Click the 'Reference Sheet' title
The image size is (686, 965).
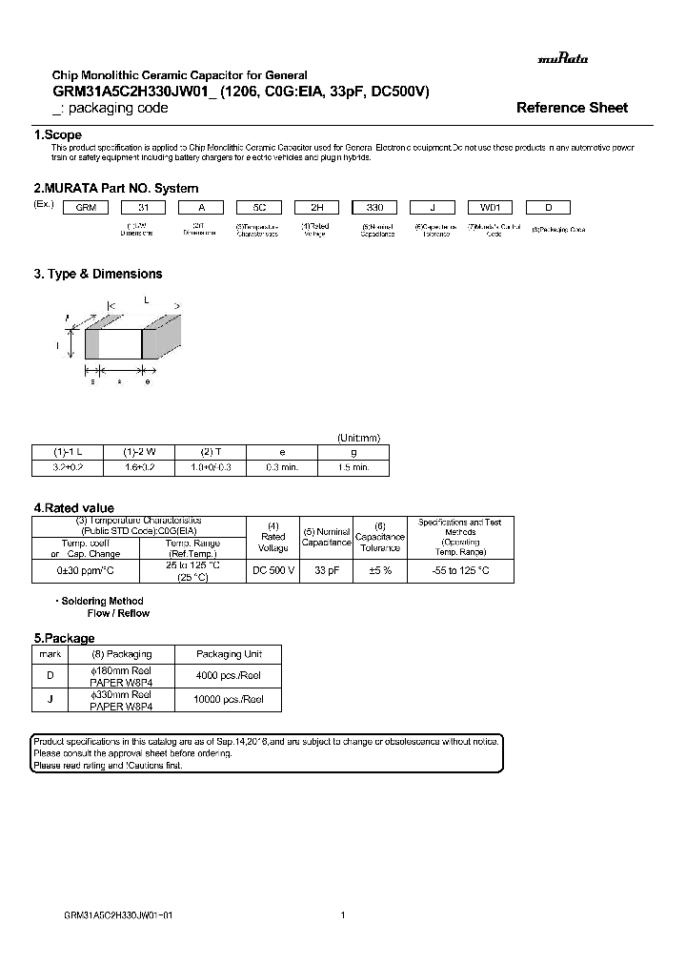pos(572,108)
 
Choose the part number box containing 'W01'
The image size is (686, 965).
pos(492,207)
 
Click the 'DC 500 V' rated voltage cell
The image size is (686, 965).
pos(273,570)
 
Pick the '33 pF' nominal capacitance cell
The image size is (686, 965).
pos(327,570)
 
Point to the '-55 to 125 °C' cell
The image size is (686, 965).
pos(460,570)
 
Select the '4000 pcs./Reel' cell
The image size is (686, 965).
pos(229,676)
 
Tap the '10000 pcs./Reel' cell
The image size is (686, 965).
pos(229,700)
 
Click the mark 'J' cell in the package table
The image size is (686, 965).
pos(50,700)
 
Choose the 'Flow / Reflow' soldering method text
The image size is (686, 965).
pos(118,613)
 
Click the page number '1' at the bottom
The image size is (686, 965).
pos(342,914)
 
